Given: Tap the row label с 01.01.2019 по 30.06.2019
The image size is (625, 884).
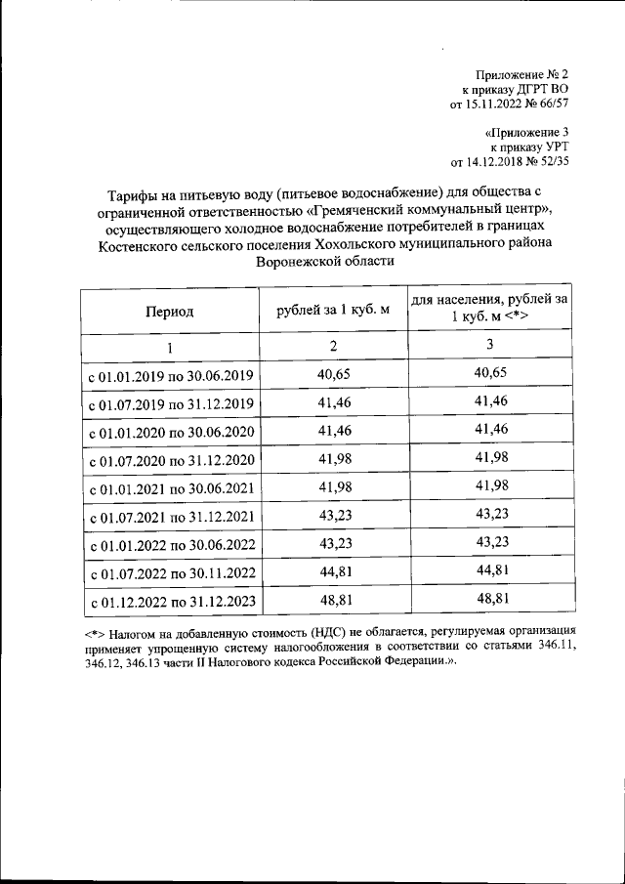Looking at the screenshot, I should (x=171, y=376).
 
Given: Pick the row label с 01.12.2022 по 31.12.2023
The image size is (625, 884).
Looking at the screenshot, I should (x=171, y=602).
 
